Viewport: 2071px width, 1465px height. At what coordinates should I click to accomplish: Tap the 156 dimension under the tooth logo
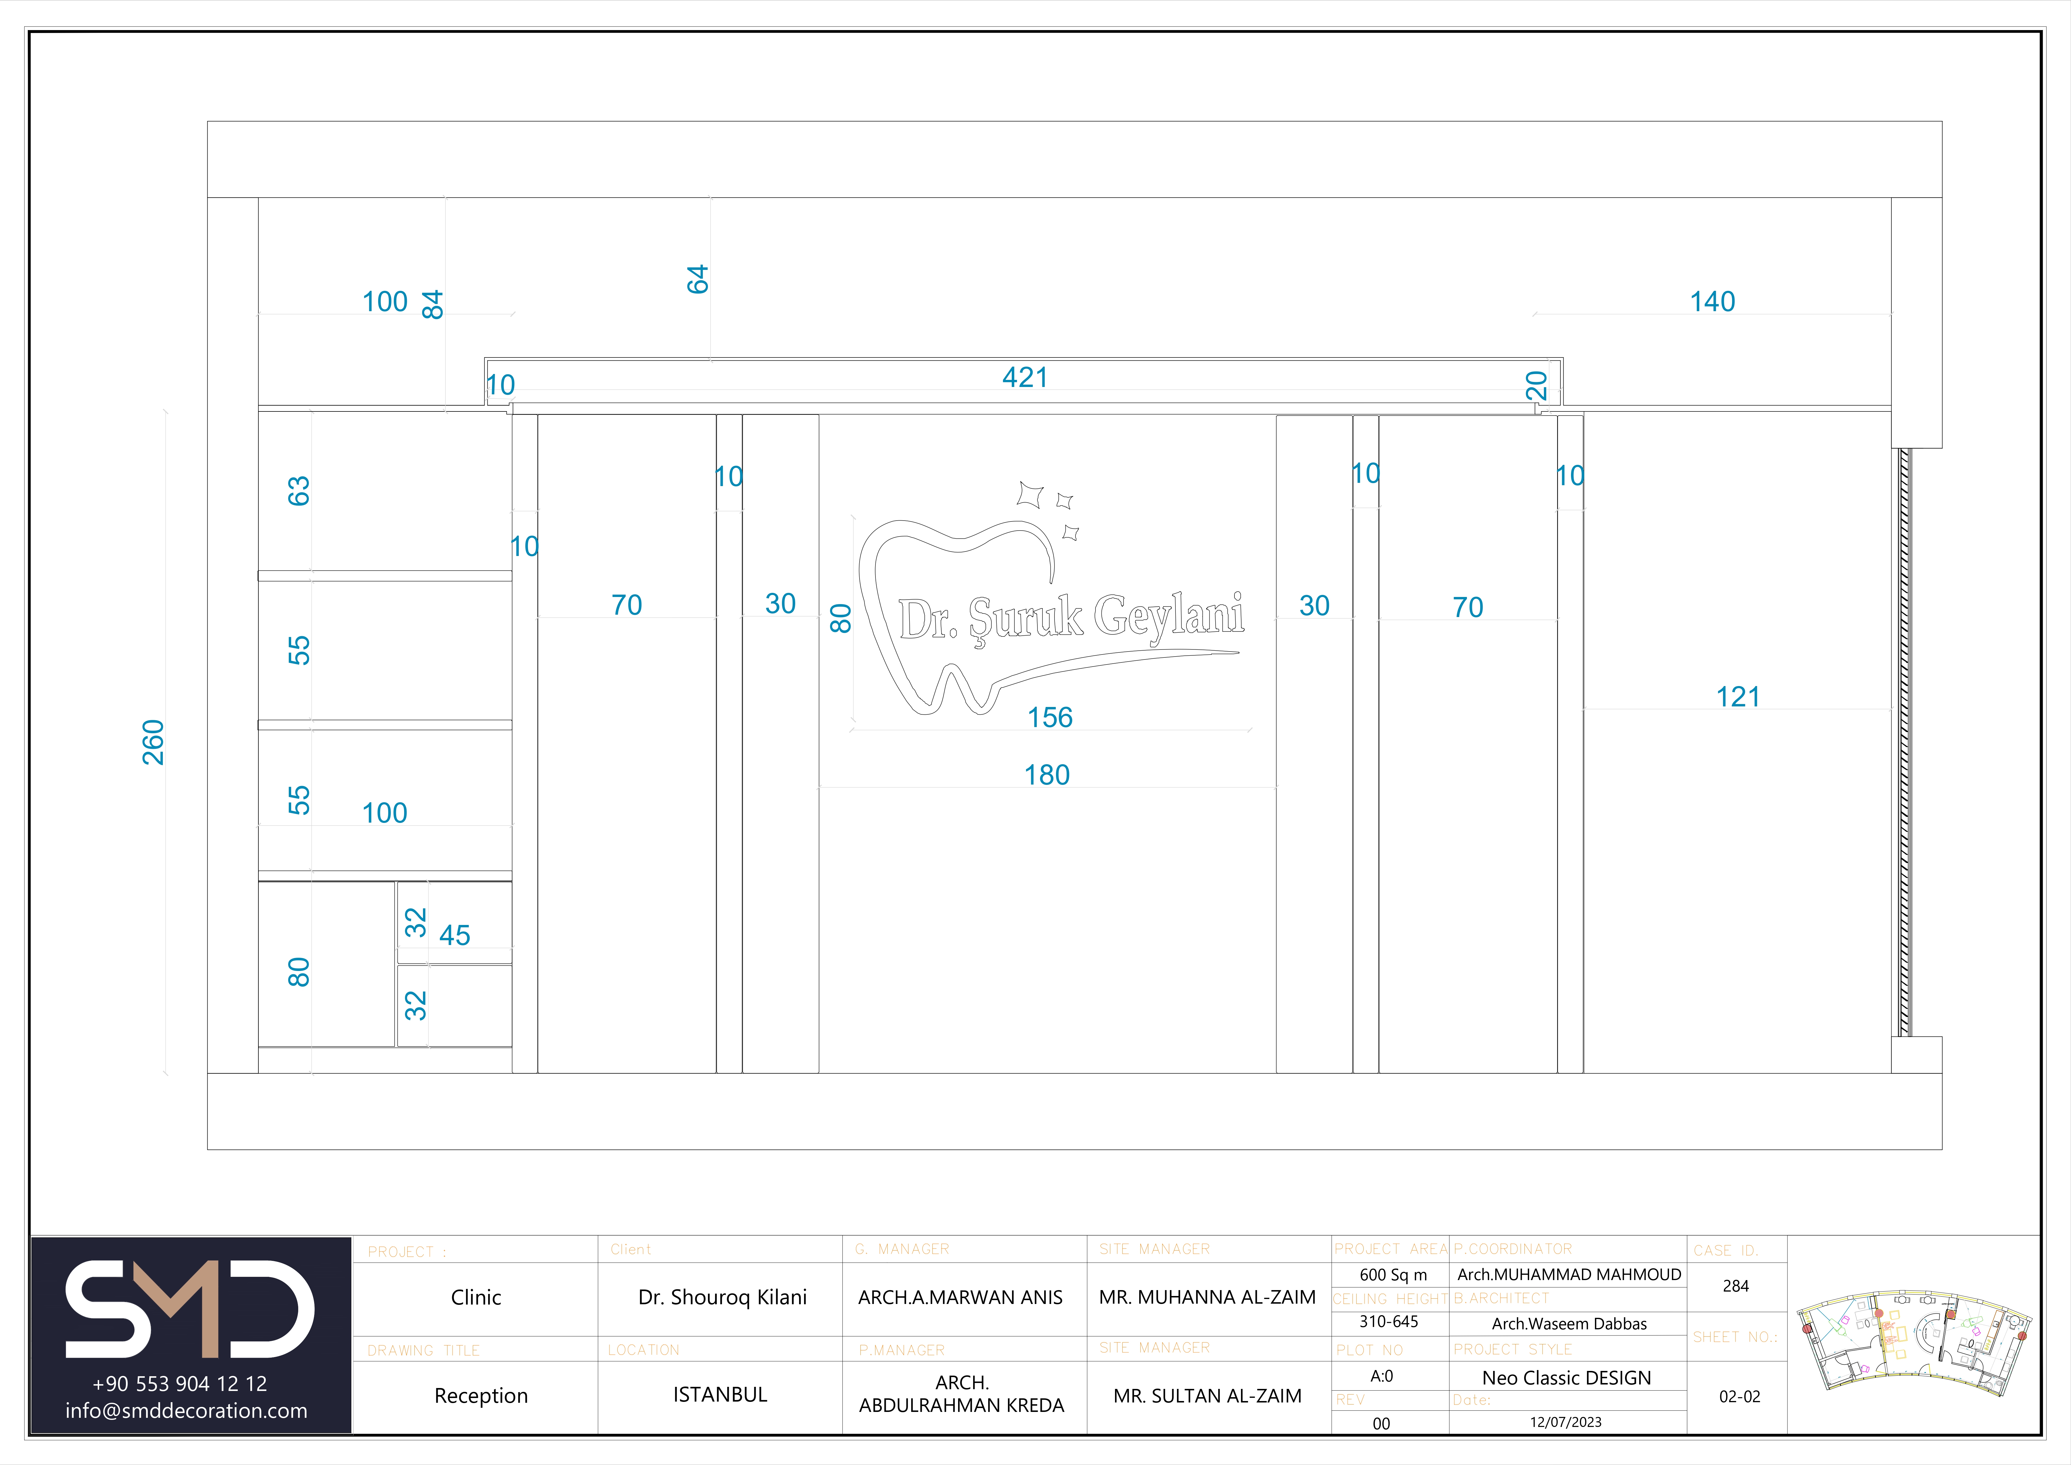point(1050,717)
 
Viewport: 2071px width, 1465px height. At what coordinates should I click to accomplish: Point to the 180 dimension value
point(1046,775)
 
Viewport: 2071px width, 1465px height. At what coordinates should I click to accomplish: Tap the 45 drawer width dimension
point(455,936)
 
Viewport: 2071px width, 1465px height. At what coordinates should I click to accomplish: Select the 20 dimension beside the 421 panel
point(1536,386)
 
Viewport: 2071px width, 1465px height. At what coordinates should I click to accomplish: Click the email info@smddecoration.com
point(186,1411)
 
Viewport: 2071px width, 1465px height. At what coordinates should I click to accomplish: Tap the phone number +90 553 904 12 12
point(180,1384)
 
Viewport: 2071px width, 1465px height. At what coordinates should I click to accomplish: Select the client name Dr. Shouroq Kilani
point(722,1297)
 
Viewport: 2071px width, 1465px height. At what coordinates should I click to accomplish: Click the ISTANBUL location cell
point(720,1395)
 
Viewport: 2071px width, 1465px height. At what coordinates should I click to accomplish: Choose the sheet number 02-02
point(1739,1397)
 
